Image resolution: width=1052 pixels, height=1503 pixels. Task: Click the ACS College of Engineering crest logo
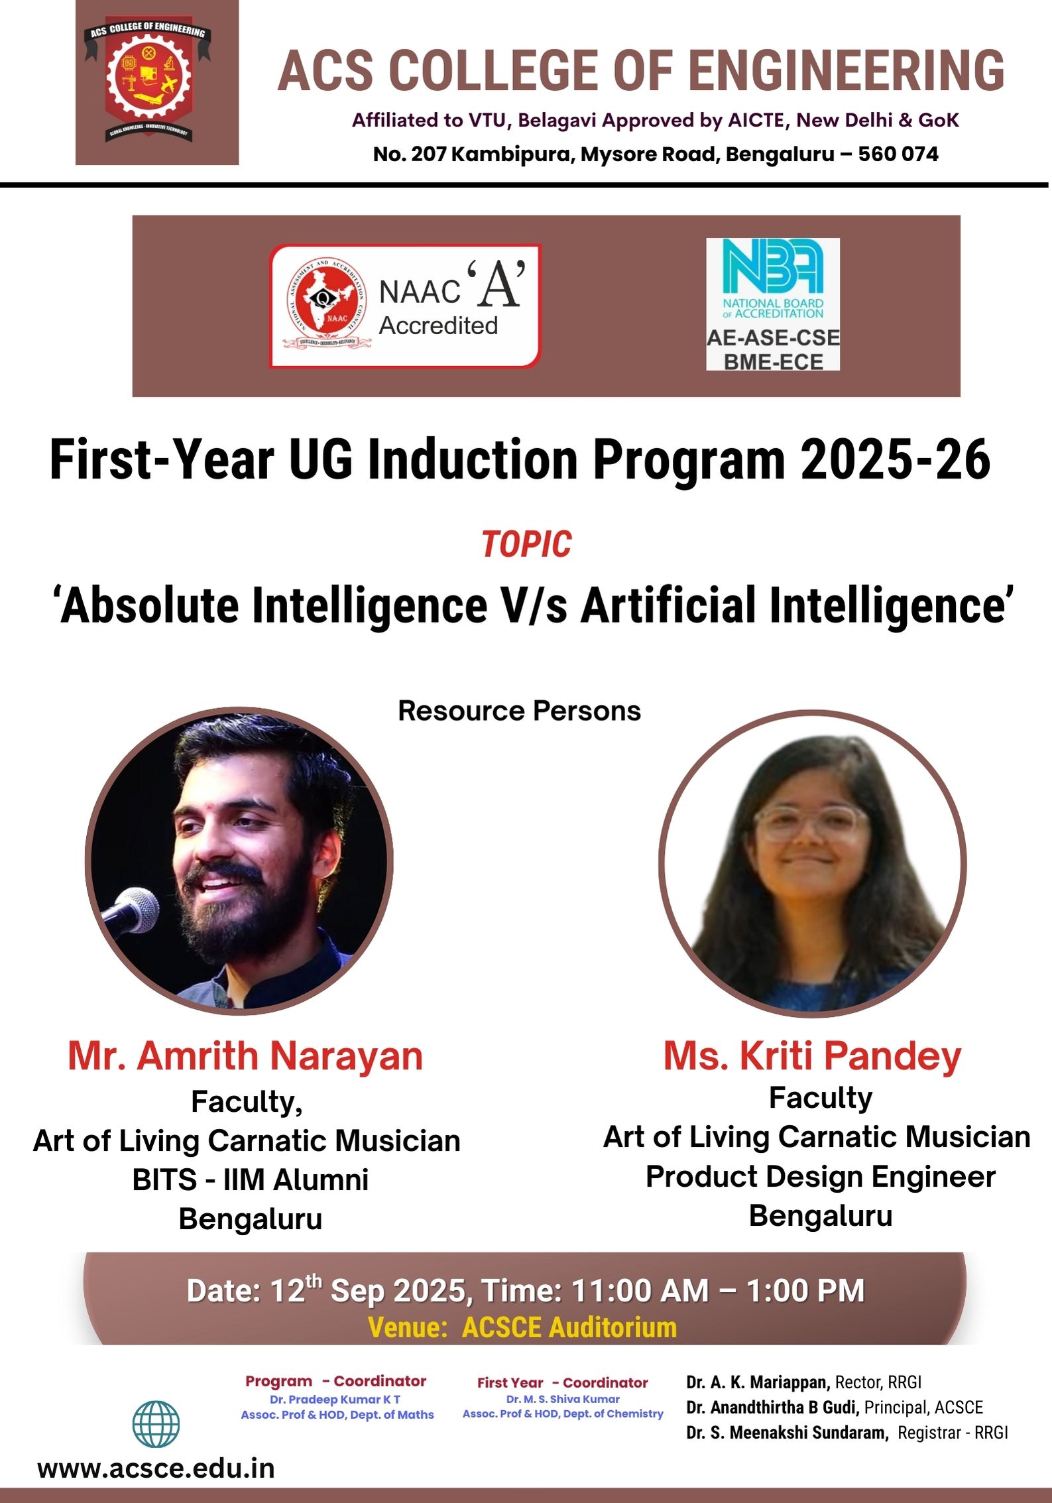pos(148,82)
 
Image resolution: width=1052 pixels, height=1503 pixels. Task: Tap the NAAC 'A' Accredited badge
pos(405,306)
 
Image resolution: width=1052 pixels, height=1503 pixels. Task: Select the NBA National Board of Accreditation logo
pos(773,304)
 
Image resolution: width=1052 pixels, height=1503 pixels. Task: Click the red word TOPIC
pos(526,544)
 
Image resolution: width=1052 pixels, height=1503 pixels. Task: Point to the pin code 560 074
pos(898,154)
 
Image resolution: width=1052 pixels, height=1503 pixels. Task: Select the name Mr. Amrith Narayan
pos(245,1055)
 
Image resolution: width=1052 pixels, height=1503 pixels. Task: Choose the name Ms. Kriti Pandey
pos(813,1055)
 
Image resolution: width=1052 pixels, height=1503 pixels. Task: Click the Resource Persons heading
pos(519,711)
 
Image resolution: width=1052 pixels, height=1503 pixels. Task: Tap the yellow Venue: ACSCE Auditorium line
pos(522,1327)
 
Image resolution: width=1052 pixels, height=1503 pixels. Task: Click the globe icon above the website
pos(156,1424)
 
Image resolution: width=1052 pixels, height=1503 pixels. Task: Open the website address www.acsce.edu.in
pos(156,1469)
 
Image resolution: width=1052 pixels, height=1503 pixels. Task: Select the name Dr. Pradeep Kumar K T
pos(335,1399)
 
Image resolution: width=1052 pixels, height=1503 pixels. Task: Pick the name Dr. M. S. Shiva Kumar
pos(563,1398)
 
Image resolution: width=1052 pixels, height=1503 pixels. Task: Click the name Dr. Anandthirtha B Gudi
pos(773,1407)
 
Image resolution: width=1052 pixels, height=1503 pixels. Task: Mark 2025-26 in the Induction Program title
pos(896,459)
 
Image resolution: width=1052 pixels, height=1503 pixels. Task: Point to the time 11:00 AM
pos(640,1290)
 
